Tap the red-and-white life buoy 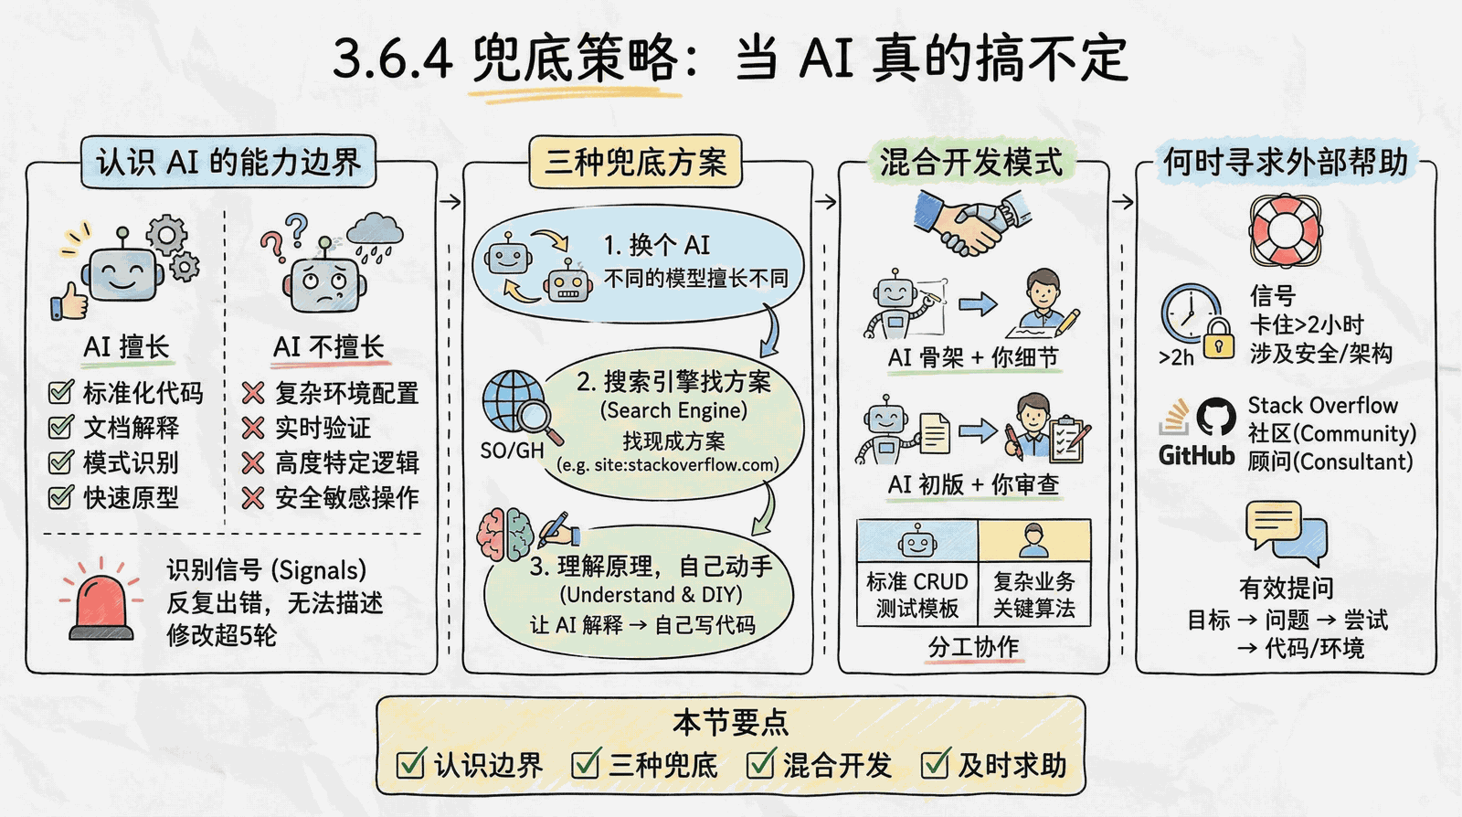point(1285,229)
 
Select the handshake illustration point(972,222)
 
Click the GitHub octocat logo point(1216,417)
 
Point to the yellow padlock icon point(1218,338)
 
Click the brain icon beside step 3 point(505,536)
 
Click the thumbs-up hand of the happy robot point(69,302)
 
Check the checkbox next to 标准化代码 point(60,391)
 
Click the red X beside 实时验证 point(252,428)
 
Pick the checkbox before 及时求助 point(935,763)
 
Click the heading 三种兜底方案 point(635,162)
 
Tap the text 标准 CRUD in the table point(917,581)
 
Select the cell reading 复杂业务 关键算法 point(1033,595)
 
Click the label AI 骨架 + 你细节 point(973,357)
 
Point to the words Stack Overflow point(1322,405)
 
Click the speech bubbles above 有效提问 point(1287,533)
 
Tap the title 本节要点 point(730,723)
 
